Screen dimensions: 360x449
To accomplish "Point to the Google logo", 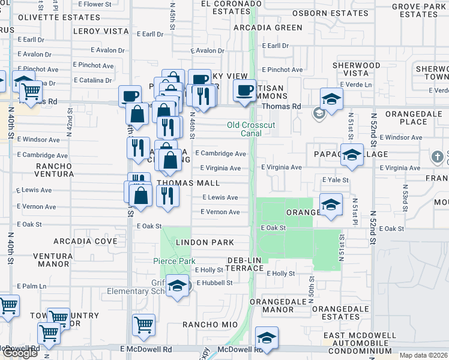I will pos(20,353).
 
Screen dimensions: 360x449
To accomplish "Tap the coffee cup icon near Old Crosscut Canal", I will pos(244,92).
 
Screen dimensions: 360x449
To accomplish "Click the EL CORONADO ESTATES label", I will pos(221,7).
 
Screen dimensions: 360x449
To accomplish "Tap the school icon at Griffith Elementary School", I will pos(177,286).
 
